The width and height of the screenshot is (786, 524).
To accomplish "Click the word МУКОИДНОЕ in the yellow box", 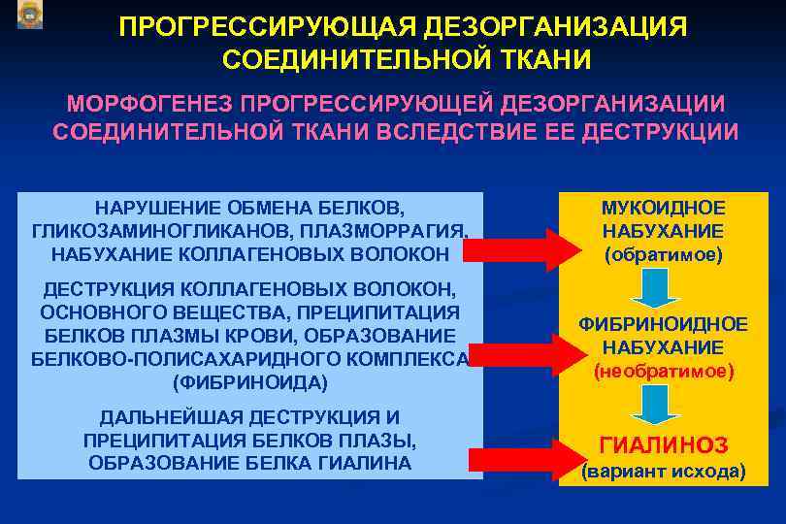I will [664, 209].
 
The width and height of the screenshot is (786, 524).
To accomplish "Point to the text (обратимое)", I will [664, 255].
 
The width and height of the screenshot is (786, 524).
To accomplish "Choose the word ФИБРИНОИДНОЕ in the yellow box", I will [664, 324].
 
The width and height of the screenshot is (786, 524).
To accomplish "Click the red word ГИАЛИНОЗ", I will [664, 445].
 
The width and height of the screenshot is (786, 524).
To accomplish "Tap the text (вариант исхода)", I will [664, 473].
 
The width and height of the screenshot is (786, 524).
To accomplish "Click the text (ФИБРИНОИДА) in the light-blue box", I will [249, 382].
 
